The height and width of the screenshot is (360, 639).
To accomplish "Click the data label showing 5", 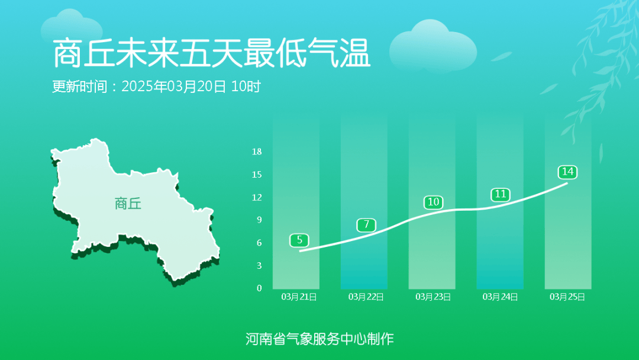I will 299,240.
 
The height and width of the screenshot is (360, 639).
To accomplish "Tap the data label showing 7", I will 366,224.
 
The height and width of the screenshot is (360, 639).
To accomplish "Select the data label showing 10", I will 433,202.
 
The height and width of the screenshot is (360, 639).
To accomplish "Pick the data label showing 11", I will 500,194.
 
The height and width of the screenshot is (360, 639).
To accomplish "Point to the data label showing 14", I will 567,172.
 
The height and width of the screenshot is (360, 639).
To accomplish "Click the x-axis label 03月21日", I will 299,297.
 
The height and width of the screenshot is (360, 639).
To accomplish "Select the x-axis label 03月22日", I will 366,297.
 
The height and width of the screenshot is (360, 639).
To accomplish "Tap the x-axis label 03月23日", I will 433,297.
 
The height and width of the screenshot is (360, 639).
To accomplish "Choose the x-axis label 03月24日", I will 500,297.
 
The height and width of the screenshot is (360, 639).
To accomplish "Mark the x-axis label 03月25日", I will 567,297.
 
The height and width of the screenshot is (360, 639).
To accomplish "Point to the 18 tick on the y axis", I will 257,152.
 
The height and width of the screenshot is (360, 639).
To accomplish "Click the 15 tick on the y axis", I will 257,174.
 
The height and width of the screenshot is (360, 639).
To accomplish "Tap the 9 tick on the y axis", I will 259,220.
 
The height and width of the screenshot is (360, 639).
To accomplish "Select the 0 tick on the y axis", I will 259,288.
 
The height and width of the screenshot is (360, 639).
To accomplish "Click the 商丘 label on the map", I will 128,204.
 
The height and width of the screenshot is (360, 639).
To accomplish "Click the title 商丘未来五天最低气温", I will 211,54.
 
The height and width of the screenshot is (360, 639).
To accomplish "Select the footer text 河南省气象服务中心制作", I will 319,339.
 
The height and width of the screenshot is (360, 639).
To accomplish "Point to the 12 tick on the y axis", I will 257,197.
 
